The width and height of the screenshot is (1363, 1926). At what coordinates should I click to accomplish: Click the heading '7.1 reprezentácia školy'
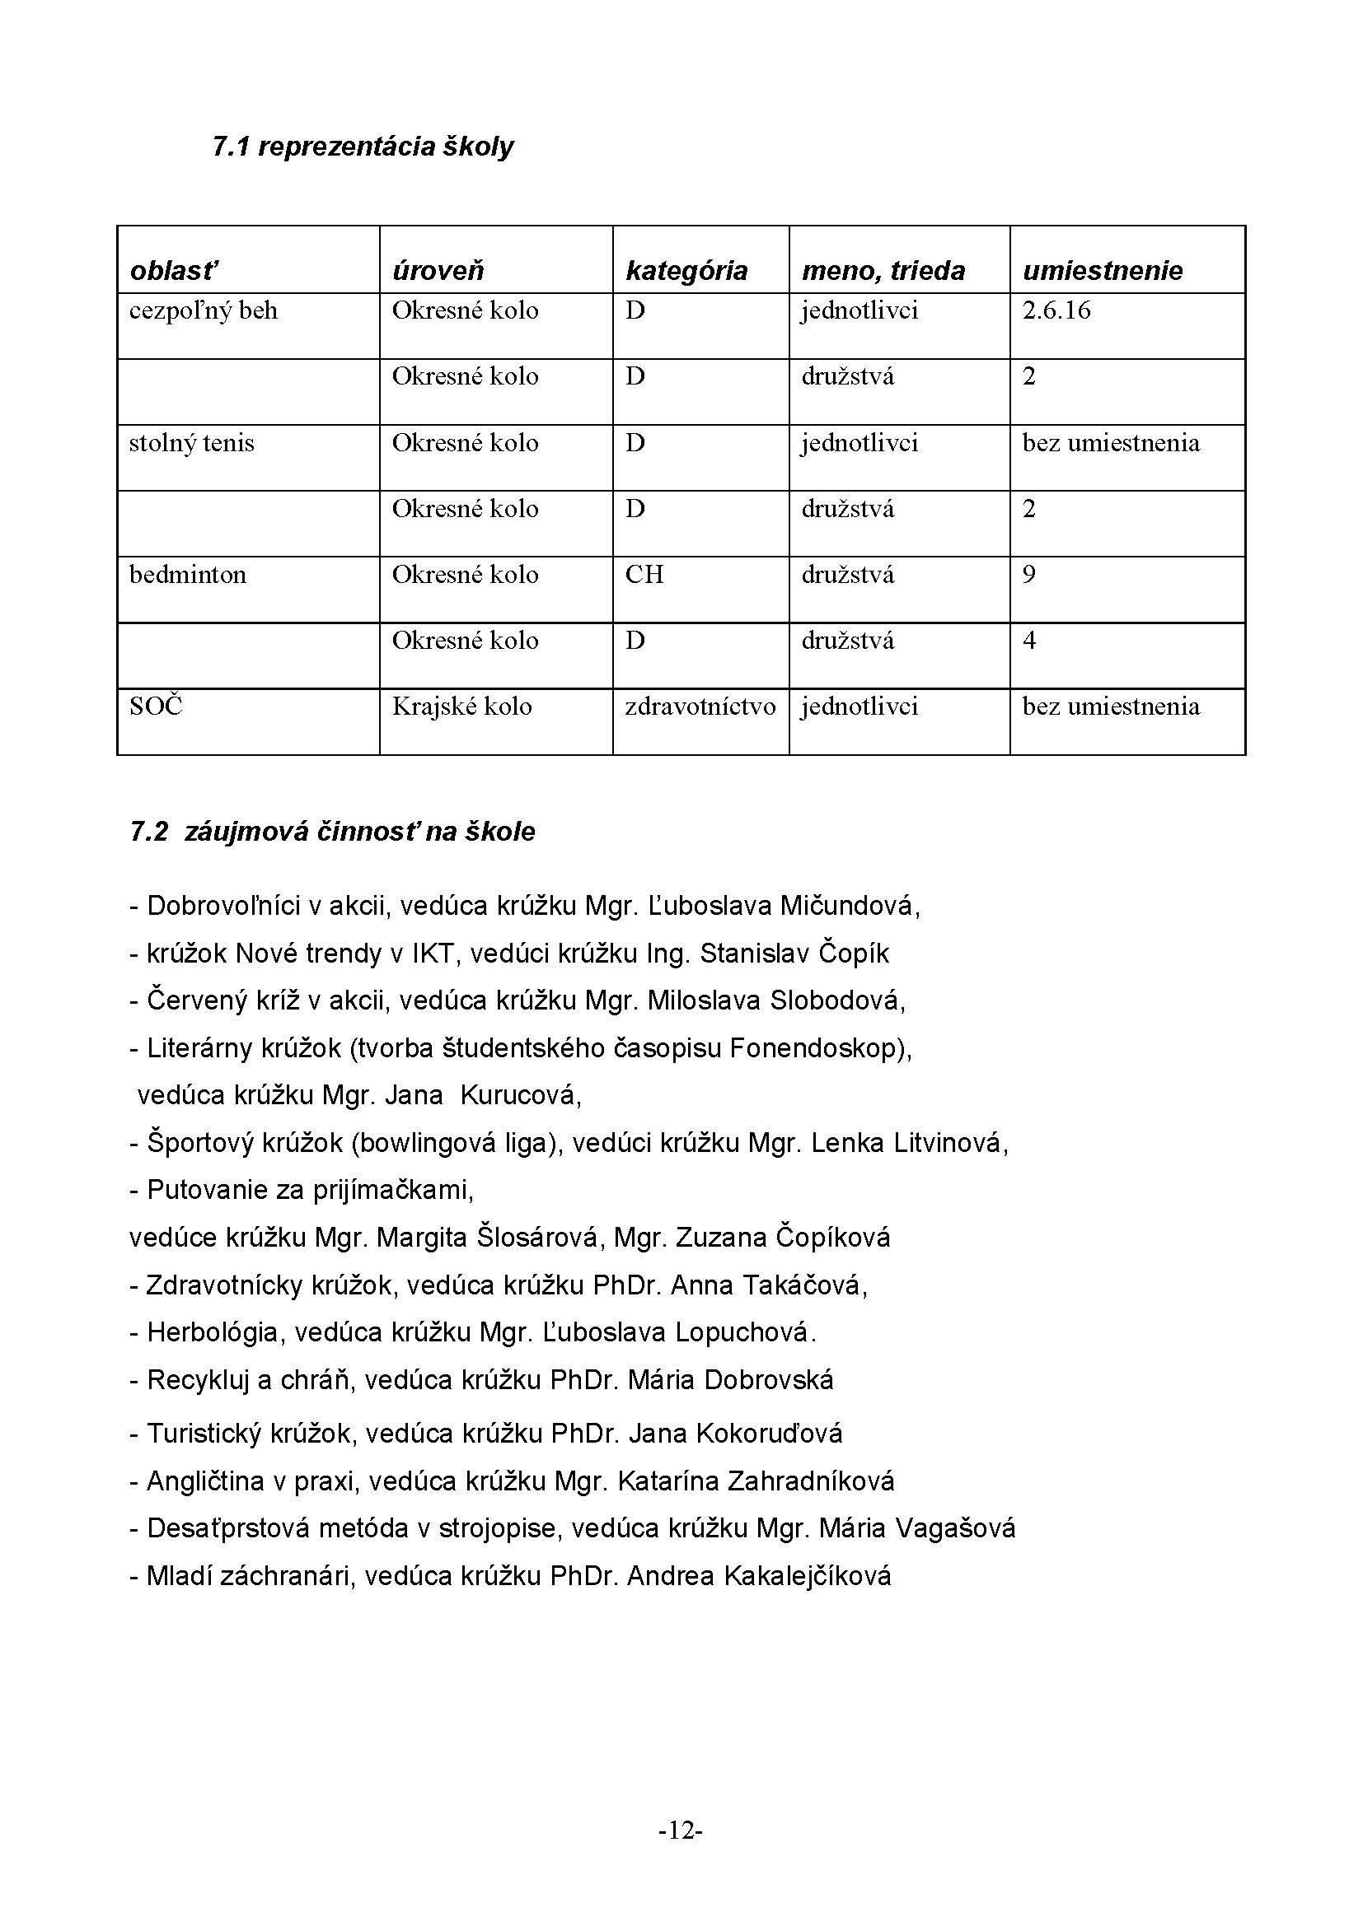click(x=363, y=147)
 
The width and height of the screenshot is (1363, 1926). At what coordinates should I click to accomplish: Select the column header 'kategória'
click(x=686, y=270)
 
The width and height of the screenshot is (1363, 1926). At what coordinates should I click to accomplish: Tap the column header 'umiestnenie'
click(x=1102, y=270)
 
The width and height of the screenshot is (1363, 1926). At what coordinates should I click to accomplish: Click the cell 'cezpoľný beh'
click(x=203, y=311)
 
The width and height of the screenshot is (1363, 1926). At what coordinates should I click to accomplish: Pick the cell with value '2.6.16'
click(x=1056, y=311)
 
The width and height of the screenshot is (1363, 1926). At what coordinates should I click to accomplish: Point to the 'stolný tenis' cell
click(x=191, y=443)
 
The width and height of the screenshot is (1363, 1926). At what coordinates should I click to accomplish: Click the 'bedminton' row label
click(x=187, y=575)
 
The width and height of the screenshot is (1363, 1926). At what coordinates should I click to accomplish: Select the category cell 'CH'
click(x=644, y=575)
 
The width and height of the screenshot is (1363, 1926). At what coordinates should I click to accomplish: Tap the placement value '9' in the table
click(x=1029, y=575)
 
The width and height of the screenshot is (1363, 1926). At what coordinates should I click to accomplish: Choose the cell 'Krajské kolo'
click(x=461, y=707)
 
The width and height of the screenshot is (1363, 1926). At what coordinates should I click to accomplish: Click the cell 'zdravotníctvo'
click(x=700, y=707)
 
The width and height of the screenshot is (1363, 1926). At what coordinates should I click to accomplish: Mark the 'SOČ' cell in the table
click(x=155, y=707)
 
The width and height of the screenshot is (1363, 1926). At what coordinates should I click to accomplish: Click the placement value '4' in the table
click(x=1029, y=641)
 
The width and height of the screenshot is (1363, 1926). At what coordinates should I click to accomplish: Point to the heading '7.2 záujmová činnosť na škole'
click(x=332, y=832)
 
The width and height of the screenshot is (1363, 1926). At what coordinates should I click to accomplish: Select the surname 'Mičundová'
click(x=849, y=906)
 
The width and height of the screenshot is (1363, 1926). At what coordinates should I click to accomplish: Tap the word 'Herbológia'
click(x=213, y=1333)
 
